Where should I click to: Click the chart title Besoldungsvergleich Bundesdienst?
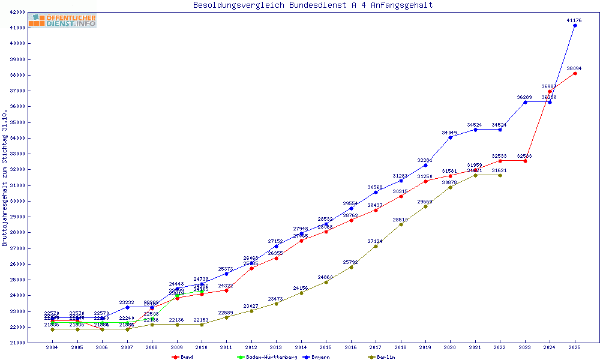313,5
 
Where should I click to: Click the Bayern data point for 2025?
575,25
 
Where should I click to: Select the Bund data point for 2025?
575,73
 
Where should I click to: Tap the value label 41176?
574,20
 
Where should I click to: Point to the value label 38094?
574,68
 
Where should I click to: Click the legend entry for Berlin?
383,357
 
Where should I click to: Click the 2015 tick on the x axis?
326,347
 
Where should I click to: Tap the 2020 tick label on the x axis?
450,347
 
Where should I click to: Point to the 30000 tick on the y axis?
17,201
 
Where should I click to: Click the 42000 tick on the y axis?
17,12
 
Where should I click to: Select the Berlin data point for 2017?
376,246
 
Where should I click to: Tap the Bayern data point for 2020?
450,137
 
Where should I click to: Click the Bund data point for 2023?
525,161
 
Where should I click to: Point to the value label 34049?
449,133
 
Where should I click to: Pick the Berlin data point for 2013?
276,304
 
